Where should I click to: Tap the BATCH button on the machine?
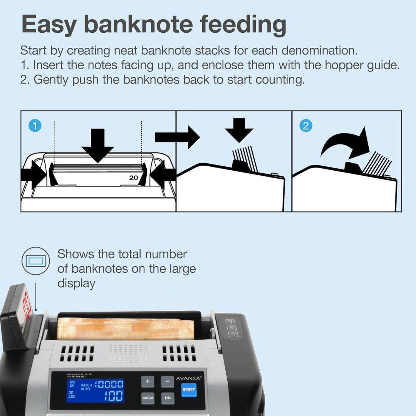[x=148, y=398]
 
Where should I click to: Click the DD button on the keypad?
[x=167, y=398]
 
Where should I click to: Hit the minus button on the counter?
[x=167, y=382]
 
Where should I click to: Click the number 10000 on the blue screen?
[x=109, y=384]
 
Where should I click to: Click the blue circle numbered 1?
[x=35, y=126]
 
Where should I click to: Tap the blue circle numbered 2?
[x=306, y=126]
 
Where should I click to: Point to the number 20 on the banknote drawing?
[x=133, y=178]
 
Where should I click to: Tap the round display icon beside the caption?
[x=35, y=261]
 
